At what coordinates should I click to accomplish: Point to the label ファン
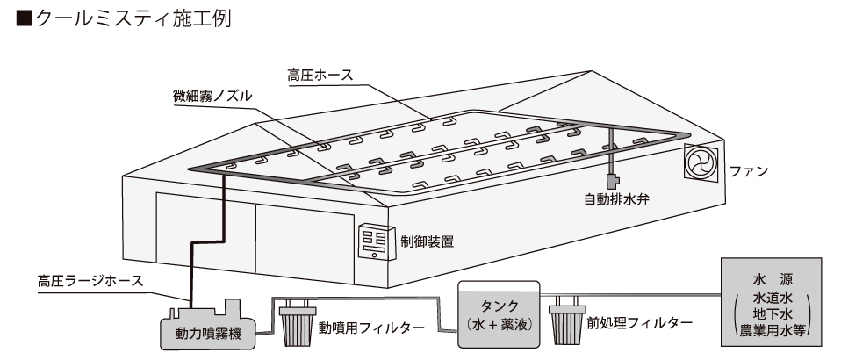click(749, 169)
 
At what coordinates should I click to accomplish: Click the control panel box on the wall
click(377, 241)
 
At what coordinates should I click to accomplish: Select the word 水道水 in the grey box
click(773, 298)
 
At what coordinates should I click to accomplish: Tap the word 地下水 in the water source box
click(773, 314)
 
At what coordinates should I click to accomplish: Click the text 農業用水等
click(773, 331)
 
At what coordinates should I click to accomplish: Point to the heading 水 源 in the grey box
click(773, 281)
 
